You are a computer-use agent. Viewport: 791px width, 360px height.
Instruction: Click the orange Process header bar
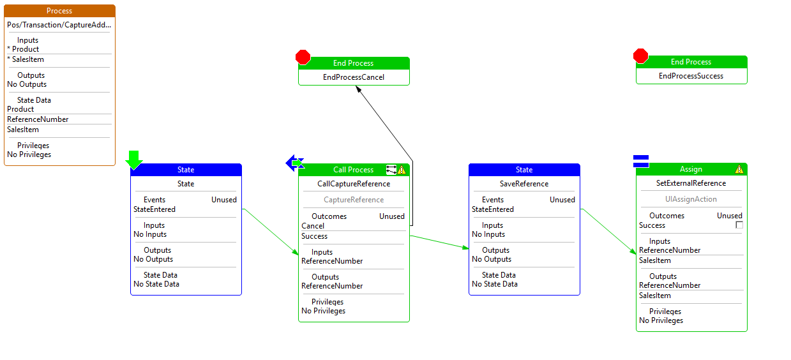point(59,11)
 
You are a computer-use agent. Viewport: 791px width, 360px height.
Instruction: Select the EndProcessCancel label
point(354,77)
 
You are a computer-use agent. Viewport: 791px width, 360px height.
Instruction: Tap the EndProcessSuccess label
point(691,76)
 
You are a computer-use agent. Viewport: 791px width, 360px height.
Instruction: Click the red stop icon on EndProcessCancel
point(303,57)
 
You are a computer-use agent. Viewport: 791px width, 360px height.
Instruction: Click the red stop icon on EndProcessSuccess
point(640,56)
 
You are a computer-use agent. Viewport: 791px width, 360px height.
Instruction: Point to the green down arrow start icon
point(134,160)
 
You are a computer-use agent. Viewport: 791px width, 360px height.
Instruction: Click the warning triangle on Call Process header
point(402,170)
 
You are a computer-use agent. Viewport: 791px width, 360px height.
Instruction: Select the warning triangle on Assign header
point(739,169)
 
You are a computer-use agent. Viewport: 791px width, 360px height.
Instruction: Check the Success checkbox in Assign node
point(739,225)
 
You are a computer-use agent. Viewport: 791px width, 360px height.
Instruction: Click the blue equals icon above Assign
point(641,161)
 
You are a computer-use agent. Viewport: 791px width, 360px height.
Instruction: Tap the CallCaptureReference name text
point(354,184)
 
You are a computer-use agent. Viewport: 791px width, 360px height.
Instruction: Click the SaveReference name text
point(524,184)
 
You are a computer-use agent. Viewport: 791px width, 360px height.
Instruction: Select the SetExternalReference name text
point(691,183)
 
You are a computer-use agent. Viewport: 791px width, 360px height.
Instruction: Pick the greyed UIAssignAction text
point(691,199)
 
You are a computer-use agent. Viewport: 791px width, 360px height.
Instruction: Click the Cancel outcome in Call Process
point(313,226)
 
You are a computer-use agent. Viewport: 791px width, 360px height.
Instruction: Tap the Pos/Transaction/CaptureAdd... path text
point(59,26)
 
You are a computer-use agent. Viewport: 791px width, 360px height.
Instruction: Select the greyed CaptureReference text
point(354,200)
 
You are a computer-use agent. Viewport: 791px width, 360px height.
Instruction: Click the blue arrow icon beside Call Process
point(294,163)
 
